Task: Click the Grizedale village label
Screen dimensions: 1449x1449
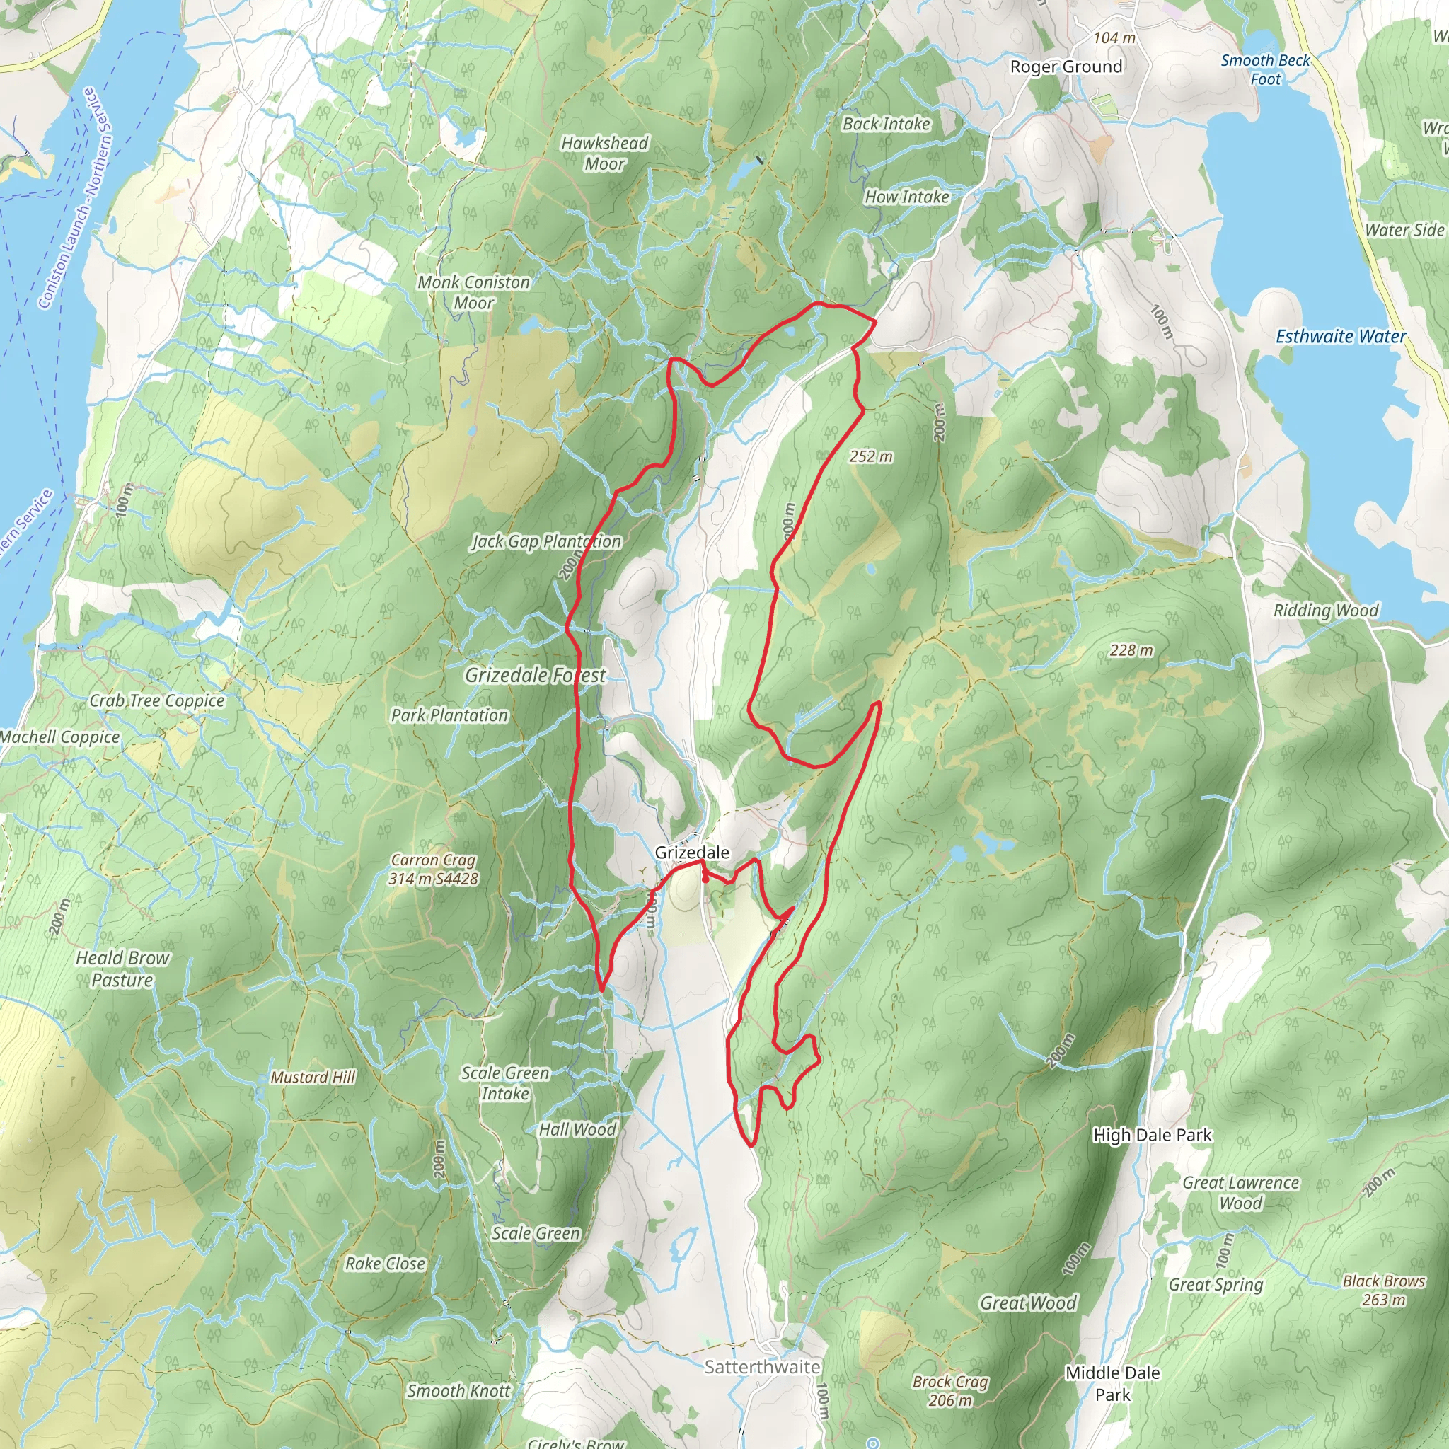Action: click(691, 853)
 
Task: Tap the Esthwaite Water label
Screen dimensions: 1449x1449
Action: click(1340, 337)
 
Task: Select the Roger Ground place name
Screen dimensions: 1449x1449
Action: click(1066, 67)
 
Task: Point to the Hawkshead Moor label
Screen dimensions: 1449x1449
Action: click(604, 153)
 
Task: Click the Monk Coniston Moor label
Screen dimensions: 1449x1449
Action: click(473, 292)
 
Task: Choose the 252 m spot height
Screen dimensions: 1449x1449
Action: click(871, 456)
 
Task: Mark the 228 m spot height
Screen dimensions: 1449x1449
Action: click(1131, 650)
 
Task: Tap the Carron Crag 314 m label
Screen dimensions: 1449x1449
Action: click(434, 870)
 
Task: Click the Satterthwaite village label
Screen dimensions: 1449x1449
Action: click(762, 1366)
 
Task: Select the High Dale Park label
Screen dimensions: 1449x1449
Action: click(1152, 1135)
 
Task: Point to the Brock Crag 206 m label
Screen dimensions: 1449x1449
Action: click(950, 1390)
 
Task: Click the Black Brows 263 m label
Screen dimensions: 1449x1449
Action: click(1384, 1290)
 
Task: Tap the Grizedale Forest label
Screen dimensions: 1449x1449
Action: click(536, 675)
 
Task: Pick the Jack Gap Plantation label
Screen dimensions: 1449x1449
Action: click(546, 541)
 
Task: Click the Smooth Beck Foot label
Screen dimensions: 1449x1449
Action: click(1265, 69)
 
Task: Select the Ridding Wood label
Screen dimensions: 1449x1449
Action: click(1325, 610)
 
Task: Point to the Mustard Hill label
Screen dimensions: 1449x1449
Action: click(313, 1077)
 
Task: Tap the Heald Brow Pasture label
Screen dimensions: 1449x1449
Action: click(122, 969)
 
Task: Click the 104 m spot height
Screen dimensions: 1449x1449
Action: click(1114, 37)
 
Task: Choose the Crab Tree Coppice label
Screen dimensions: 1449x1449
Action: click(157, 700)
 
